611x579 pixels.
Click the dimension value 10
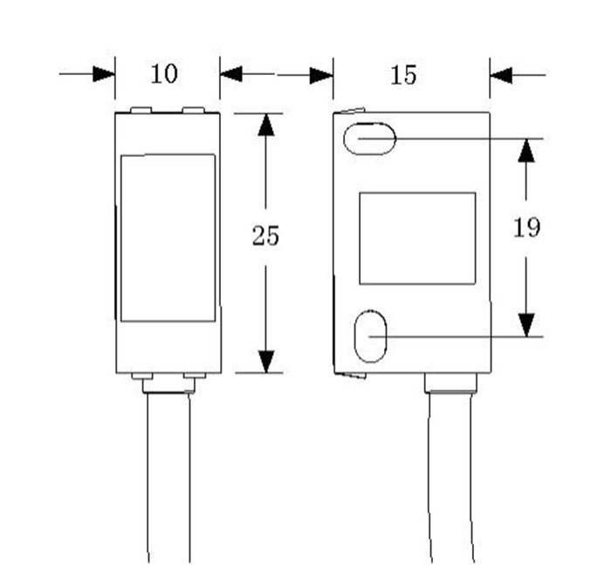point(164,74)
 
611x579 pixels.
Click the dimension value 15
point(403,75)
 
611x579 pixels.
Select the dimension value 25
point(265,235)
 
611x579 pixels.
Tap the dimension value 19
point(525,228)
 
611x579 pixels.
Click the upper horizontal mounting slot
point(369,139)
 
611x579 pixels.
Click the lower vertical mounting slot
point(371,336)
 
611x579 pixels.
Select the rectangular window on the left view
point(168,237)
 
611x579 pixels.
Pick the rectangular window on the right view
point(417,238)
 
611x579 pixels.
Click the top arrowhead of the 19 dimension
point(525,150)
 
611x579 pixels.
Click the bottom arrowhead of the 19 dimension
point(525,325)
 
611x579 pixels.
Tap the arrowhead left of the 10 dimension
point(104,74)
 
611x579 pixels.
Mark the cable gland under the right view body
point(450,383)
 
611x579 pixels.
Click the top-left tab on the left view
point(141,111)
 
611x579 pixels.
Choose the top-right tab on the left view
point(194,111)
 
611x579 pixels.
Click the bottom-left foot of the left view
point(141,377)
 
